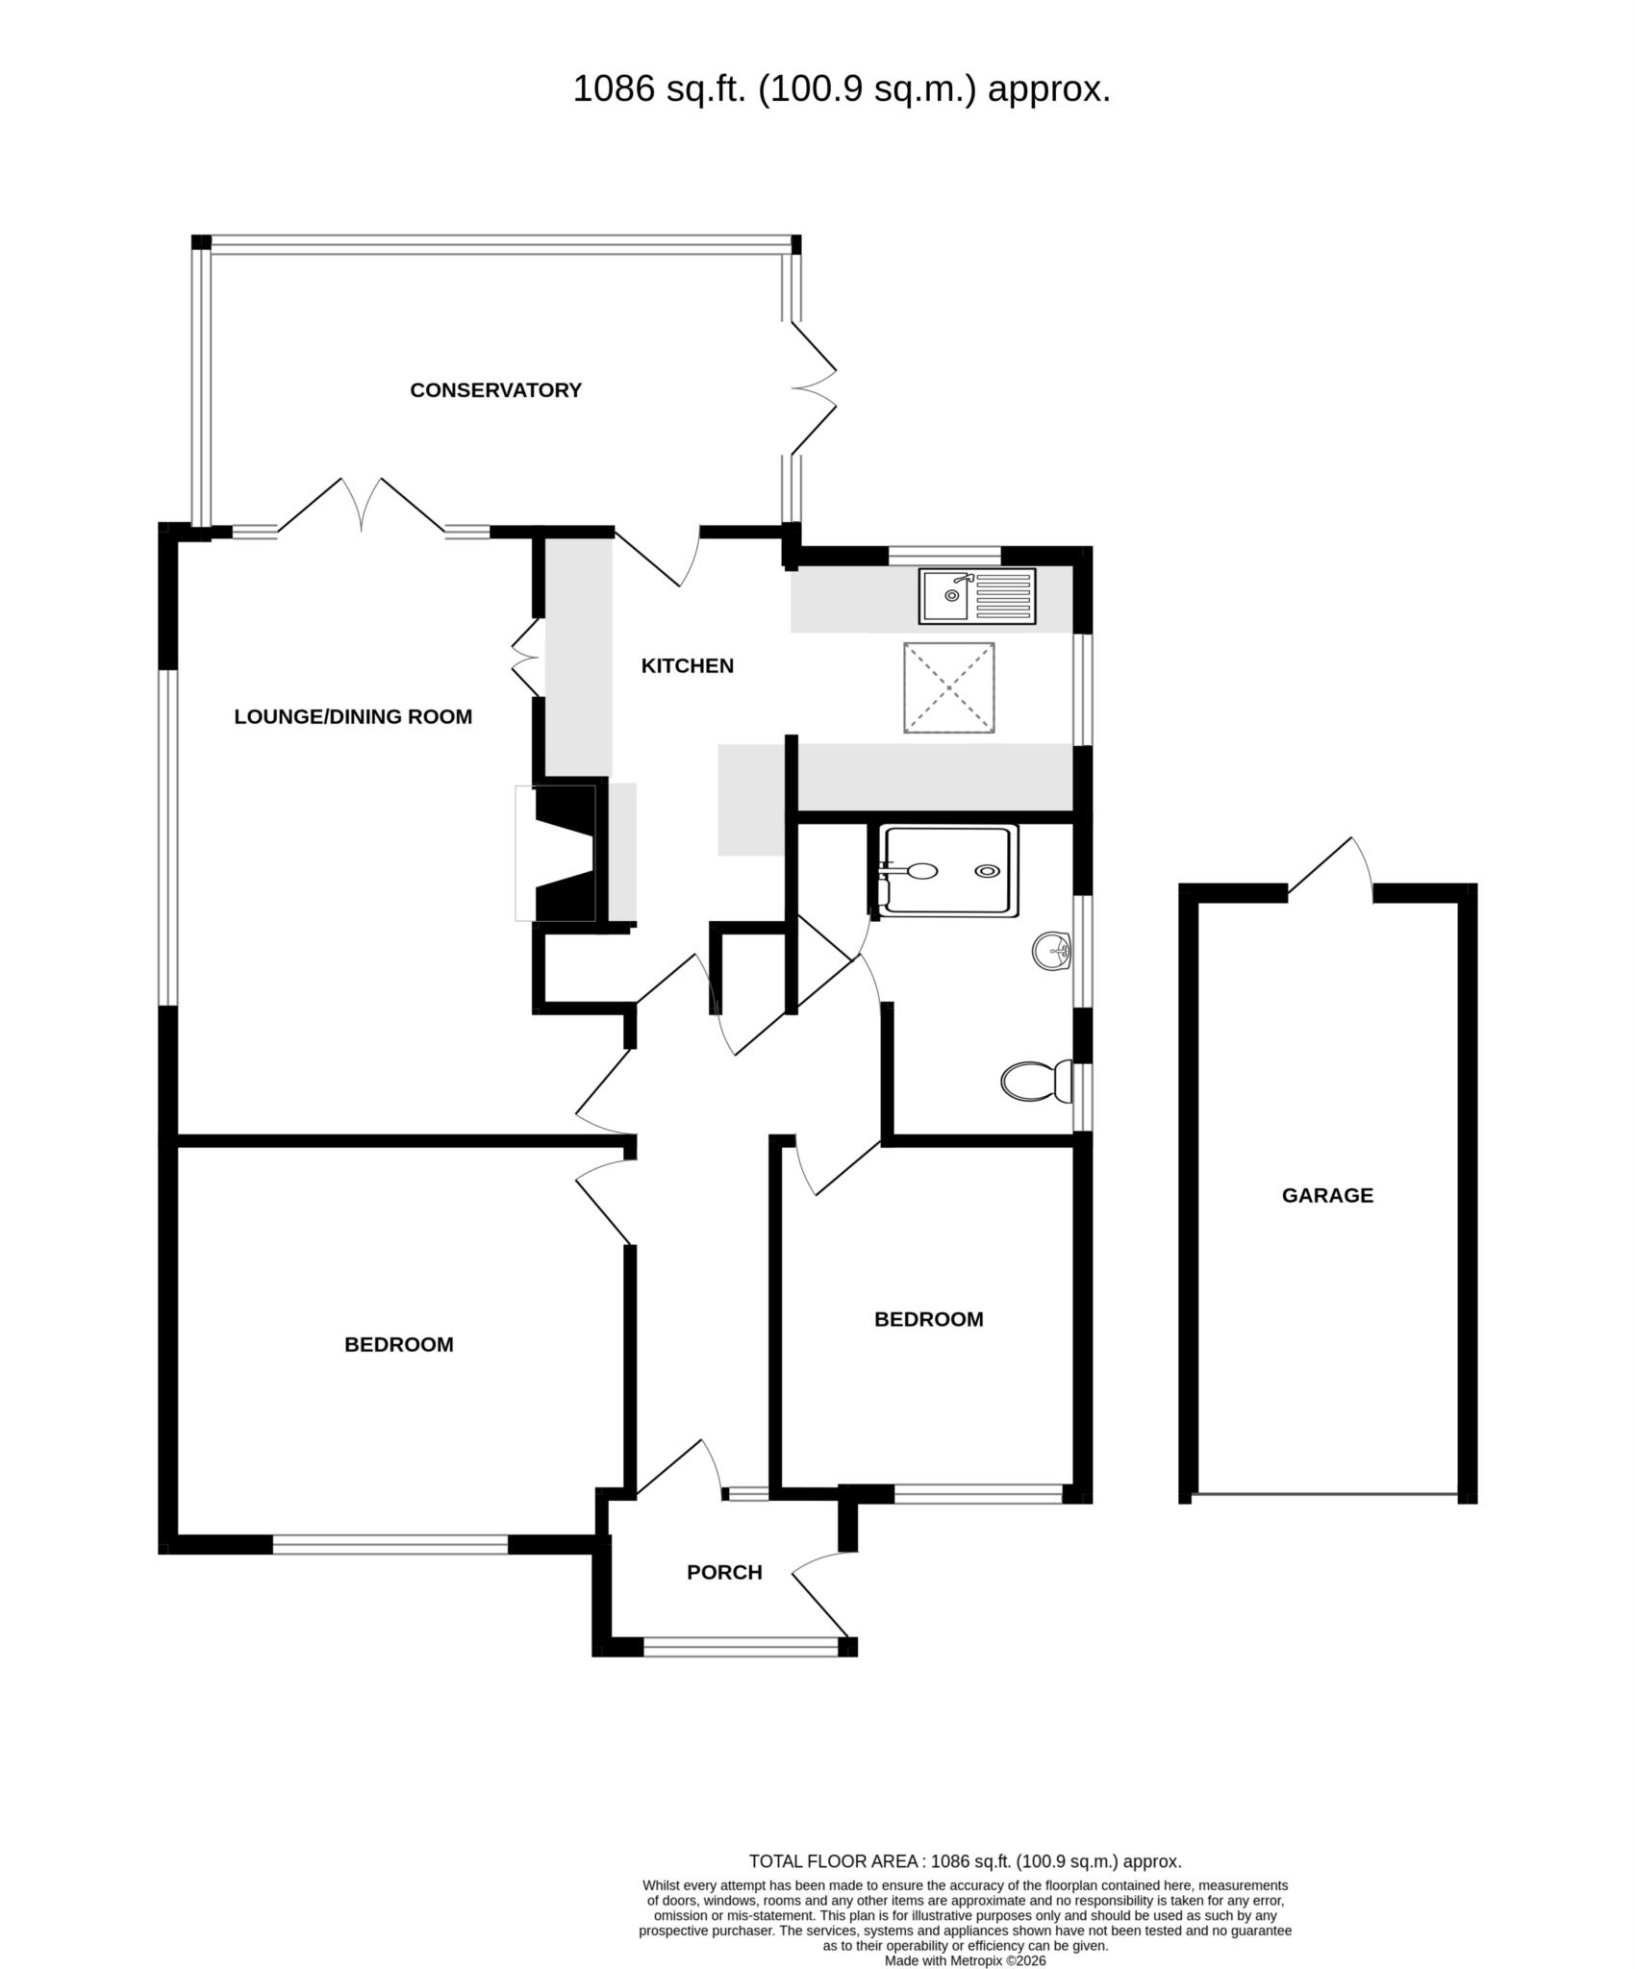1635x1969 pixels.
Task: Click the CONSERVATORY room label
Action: (x=495, y=390)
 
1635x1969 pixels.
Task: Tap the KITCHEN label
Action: (x=687, y=665)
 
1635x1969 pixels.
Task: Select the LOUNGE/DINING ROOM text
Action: (x=353, y=716)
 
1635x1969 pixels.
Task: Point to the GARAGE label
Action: (x=1327, y=1195)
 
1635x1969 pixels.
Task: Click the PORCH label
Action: (x=724, y=1572)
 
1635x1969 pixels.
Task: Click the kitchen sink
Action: (x=977, y=596)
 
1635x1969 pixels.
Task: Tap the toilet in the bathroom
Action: (x=1037, y=1082)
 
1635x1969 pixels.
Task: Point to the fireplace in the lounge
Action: (x=567, y=854)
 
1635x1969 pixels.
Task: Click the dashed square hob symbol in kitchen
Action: (x=948, y=688)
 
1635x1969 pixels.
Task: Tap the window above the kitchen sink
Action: (x=944, y=554)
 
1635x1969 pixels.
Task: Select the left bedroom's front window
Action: (x=390, y=1545)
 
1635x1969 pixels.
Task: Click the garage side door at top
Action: (x=1330, y=870)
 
